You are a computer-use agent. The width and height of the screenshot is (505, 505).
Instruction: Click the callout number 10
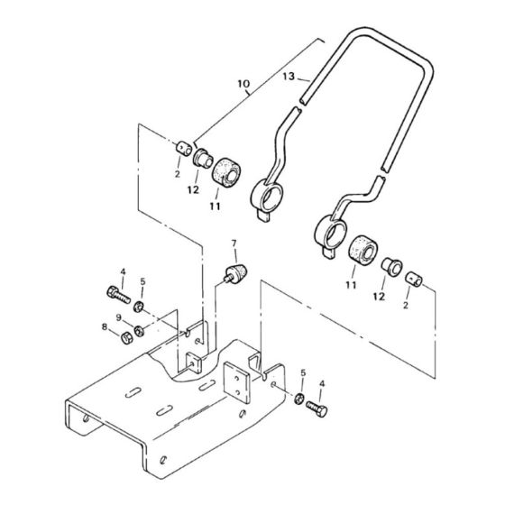coord(243,84)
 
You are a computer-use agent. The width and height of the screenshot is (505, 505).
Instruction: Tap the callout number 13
coord(289,77)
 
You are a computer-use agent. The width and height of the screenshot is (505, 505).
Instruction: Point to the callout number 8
coord(105,326)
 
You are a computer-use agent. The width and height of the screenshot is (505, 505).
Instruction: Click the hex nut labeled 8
coord(126,338)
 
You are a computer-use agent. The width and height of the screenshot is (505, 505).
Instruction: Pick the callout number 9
coord(119,317)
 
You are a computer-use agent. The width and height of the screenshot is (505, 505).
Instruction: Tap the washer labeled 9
coord(140,331)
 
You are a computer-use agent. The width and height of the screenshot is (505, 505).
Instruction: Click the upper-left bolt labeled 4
coord(118,295)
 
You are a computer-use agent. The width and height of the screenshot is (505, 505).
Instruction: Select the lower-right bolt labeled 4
coord(317,409)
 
